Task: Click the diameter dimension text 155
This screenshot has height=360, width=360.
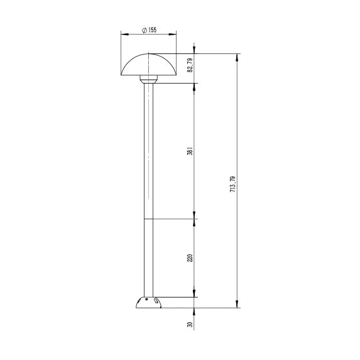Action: tap(153, 30)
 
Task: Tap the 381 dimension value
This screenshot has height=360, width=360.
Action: tap(190, 151)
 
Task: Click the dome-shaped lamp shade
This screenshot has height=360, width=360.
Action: tap(148, 65)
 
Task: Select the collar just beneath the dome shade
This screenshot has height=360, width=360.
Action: tap(148, 79)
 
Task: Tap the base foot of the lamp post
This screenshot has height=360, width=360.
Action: tap(148, 303)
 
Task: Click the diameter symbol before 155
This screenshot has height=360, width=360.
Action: tap(144, 30)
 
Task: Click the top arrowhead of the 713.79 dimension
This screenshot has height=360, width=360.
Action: tap(237, 57)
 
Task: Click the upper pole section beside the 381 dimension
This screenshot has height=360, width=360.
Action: tap(148, 151)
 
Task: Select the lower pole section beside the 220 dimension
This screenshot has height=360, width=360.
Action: tap(148, 258)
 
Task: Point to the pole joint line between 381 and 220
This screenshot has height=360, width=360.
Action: tap(148, 219)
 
